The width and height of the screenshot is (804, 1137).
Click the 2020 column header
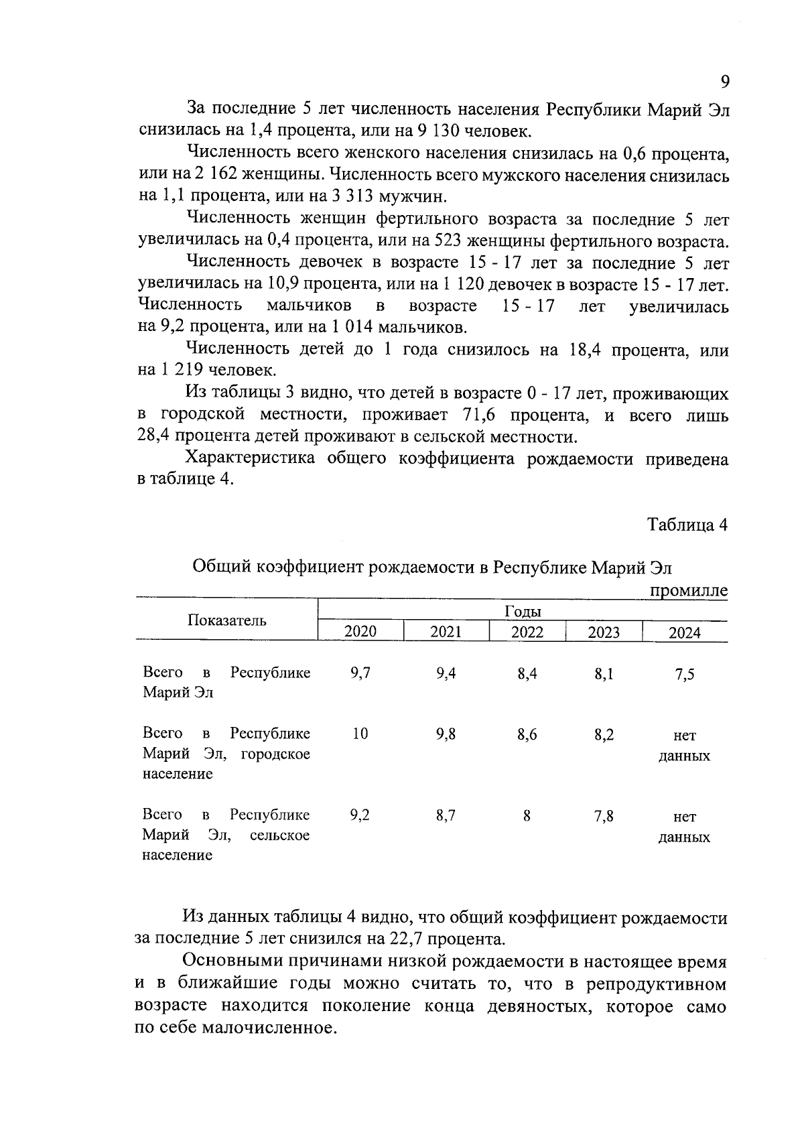click(x=360, y=631)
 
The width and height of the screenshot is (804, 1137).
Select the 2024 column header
click(x=684, y=632)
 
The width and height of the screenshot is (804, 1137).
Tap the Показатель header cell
click(x=226, y=620)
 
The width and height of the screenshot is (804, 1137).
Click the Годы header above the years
click(x=522, y=611)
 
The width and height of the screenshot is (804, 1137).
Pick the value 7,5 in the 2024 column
click(x=684, y=674)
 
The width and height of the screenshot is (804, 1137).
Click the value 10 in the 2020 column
click(x=360, y=734)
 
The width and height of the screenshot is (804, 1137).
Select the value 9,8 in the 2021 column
click(x=446, y=734)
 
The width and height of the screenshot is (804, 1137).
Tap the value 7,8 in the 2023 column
click(x=604, y=816)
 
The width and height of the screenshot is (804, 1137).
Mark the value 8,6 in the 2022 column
click(x=527, y=734)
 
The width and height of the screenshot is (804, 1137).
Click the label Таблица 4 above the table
click(x=687, y=525)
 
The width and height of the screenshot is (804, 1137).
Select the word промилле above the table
click(x=688, y=590)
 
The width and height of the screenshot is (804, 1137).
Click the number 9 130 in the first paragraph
click(x=419, y=131)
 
